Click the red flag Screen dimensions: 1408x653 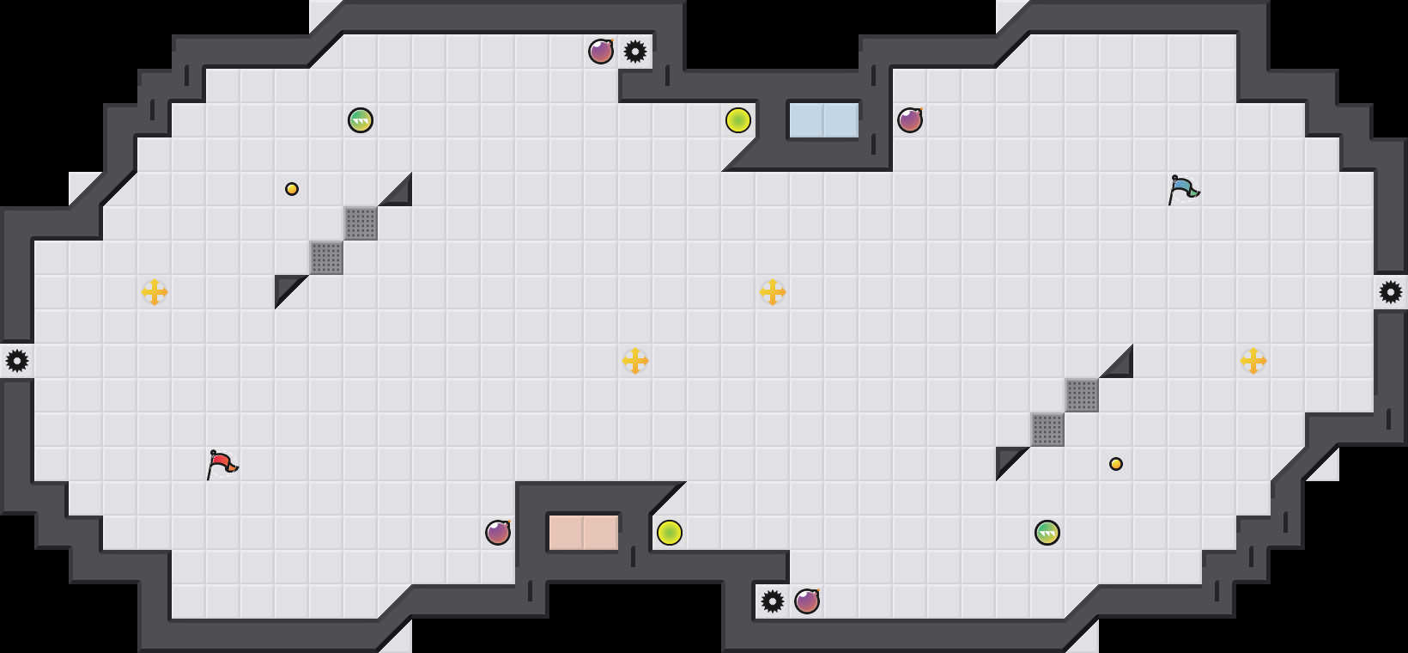coord(222,464)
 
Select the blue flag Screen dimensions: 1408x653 coord(1183,189)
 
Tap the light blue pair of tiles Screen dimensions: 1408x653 coord(823,120)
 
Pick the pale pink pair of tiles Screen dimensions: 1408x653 coord(583,533)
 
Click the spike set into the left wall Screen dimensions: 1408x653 coord(17,361)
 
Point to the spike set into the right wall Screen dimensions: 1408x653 coord(1391,292)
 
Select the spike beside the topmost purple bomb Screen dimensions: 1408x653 coord(635,52)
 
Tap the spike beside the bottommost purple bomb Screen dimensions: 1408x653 coord(773,601)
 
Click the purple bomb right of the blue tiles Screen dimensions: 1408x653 coord(910,120)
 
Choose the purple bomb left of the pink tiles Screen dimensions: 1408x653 coord(498,533)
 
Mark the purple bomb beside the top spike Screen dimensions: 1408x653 coord(601,52)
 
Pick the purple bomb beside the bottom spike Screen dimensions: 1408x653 coord(807,601)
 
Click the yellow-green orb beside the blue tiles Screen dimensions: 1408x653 coord(738,120)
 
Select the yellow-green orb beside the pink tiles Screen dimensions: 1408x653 coord(670,533)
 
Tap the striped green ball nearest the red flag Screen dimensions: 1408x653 coord(361,120)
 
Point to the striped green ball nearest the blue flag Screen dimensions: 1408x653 coord(1047,533)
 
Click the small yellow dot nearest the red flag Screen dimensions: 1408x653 coord(292,189)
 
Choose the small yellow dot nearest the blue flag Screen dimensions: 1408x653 coord(1116,464)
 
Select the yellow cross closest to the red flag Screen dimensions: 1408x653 coord(155,292)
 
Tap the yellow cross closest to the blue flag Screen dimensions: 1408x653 coord(1253,361)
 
